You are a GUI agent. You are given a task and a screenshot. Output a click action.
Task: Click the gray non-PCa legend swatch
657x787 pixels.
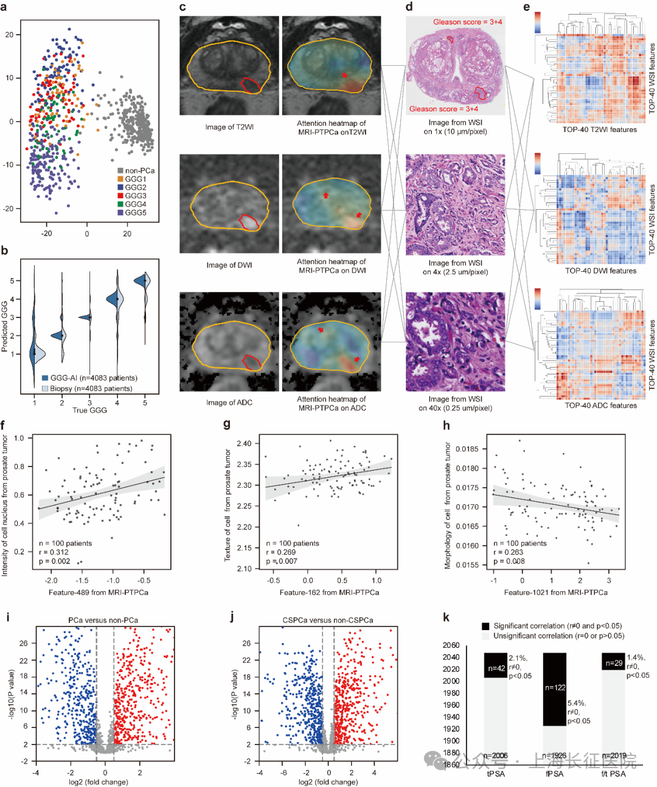point(120,171)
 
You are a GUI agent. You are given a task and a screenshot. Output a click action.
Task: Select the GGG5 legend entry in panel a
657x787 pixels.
point(136,213)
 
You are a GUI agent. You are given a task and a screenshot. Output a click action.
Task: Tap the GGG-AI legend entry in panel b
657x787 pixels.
point(93,378)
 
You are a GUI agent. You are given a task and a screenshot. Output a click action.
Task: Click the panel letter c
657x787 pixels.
point(183,7)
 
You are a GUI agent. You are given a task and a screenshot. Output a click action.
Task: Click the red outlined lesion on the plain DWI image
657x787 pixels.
point(249,222)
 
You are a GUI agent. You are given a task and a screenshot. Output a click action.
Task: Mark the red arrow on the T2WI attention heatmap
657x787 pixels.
point(344,75)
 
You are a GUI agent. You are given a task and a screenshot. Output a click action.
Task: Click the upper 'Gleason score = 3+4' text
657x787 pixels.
point(467,22)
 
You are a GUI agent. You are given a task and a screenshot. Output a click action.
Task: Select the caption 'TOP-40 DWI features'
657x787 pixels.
point(600,271)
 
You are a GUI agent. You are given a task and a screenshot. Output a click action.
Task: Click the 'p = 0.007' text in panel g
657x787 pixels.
point(282,561)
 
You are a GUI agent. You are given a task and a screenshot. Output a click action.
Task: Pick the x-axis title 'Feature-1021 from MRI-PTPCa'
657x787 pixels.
point(555,592)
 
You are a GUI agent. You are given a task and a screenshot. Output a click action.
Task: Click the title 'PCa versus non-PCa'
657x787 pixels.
point(103,620)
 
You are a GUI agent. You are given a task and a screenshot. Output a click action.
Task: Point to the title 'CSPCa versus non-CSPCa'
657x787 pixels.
point(328,620)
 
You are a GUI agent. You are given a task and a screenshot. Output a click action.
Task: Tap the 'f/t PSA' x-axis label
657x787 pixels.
point(613,774)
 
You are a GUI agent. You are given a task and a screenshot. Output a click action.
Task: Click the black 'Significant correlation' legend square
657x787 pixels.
point(485,626)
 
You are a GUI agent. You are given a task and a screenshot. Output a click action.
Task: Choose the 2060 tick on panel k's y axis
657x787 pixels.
point(451,645)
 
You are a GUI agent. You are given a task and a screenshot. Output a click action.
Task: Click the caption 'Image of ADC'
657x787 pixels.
point(229,403)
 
